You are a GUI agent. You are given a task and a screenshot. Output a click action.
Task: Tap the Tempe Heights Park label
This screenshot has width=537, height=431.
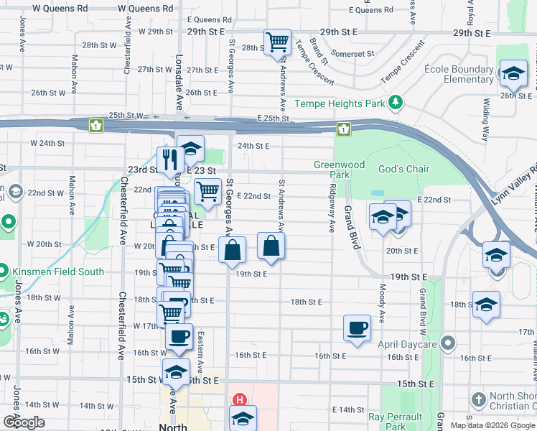(340, 104)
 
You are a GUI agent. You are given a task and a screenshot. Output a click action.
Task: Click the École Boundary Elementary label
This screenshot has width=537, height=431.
(458, 74)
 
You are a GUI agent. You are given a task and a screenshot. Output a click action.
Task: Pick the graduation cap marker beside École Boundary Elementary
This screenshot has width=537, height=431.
(513, 73)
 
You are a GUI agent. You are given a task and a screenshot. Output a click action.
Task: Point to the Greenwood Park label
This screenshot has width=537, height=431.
(332, 170)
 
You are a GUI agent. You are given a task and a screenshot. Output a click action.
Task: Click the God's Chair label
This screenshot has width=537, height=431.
(403, 169)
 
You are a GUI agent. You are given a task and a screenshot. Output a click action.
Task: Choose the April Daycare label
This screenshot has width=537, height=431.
(409, 344)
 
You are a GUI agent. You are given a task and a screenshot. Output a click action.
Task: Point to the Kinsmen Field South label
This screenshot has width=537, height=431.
(57, 272)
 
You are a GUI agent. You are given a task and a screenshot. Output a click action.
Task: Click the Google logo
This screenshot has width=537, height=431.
(24, 422)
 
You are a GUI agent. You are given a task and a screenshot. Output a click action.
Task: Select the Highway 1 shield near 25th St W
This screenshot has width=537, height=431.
(95, 126)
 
